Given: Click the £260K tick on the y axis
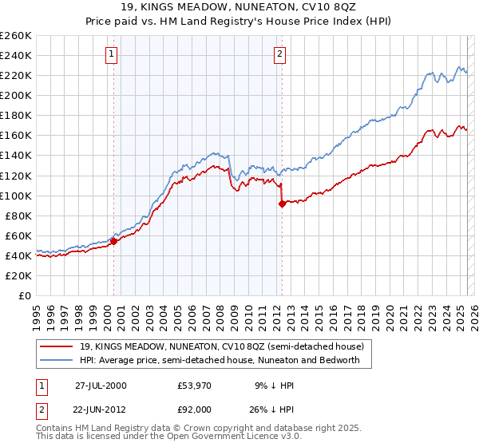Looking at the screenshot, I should click(x=16, y=35).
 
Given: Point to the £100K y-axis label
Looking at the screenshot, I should click(x=16, y=196).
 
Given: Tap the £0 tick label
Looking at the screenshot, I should click(x=24, y=295).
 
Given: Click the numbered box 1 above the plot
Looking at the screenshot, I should click(x=110, y=55).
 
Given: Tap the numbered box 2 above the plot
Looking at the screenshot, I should click(x=280, y=55).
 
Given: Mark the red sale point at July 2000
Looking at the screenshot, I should click(x=114, y=241).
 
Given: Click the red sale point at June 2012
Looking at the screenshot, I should click(x=282, y=204).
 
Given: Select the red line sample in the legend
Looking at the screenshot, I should click(x=57, y=347).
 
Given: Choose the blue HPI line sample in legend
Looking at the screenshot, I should click(x=57, y=360).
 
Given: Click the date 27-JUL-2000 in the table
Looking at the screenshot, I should click(x=101, y=385).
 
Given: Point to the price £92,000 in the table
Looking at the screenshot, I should click(x=195, y=409).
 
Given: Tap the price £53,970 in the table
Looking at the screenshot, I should click(x=195, y=385).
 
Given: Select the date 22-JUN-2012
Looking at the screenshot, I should click(x=101, y=409).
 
